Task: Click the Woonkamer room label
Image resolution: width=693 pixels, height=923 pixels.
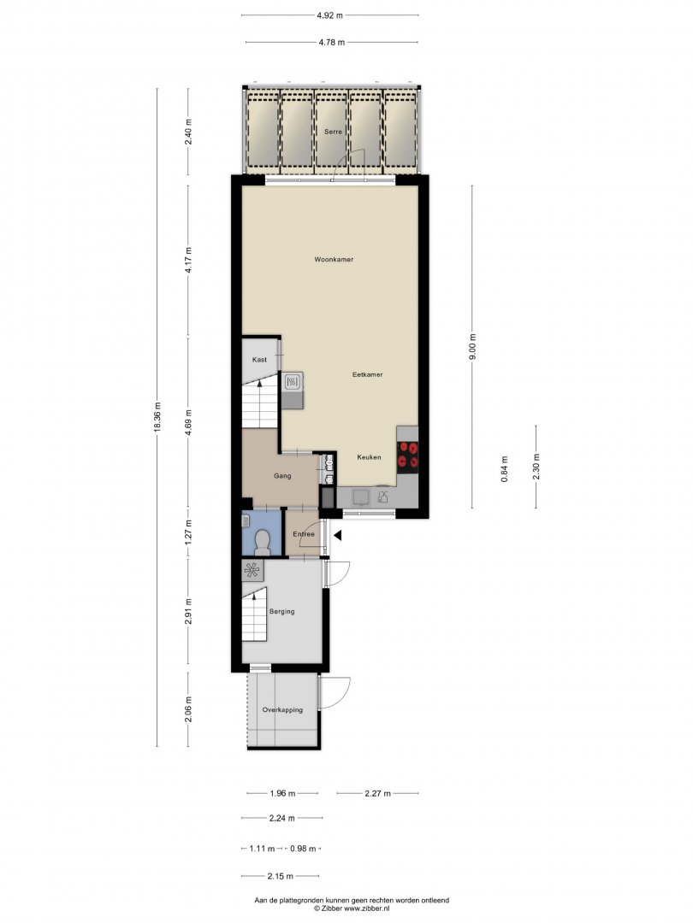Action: (334, 259)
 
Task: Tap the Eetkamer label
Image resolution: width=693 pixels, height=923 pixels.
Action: (367, 374)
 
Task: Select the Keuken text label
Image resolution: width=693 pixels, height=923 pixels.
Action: (369, 456)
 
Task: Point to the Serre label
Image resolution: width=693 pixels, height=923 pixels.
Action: (333, 132)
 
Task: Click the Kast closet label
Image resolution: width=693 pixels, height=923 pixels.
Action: (259, 359)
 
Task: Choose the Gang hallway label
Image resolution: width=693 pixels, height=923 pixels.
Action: (282, 476)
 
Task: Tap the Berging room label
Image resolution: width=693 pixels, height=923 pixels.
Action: (281, 612)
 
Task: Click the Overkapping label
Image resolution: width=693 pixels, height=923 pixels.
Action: (282, 710)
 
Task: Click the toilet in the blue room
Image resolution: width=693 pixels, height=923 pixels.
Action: (263, 543)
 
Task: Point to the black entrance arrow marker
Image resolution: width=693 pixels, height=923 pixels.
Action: (338, 535)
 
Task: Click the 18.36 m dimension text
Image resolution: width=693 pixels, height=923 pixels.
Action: (157, 417)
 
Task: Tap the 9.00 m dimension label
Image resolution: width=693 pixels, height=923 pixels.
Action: (471, 347)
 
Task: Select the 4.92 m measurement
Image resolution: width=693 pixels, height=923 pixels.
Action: (329, 16)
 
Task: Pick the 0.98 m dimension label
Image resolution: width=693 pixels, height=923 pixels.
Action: (303, 849)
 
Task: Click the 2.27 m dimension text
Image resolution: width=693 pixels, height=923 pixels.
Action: (378, 793)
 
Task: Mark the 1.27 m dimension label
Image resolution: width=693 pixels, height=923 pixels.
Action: (188, 532)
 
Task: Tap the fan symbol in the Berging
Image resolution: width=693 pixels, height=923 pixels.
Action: (252, 570)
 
